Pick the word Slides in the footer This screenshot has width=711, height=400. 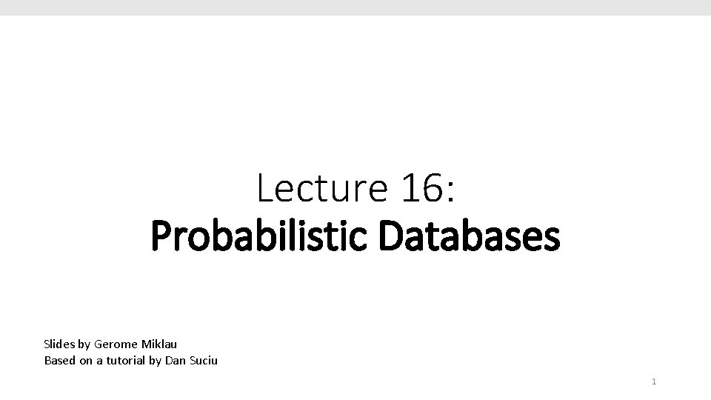[58, 344]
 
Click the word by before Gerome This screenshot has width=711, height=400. [83, 344]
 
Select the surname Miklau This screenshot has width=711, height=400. [156, 344]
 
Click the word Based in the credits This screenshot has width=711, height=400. [59, 361]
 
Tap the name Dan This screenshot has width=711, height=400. [176, 361]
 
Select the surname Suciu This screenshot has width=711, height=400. [203, 361]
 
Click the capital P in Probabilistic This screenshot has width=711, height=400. [159, 237]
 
